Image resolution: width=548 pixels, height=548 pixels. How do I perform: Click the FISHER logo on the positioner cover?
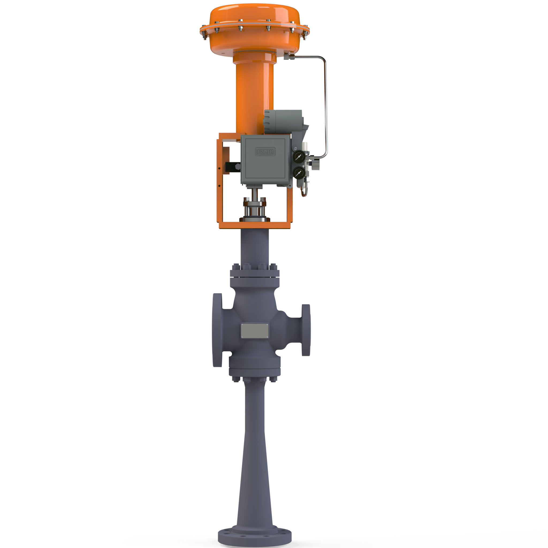click(x=265, y=152)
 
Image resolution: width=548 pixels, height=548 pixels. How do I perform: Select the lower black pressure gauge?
click(x=298, y=173)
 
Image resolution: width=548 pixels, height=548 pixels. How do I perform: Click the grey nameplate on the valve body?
click(x=254, y=331)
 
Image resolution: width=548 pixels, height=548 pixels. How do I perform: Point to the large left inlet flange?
click(x=217, y=330)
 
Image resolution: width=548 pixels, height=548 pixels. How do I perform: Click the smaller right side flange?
click(x=306, y=330)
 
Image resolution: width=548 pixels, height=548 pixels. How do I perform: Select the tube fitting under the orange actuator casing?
click(x=289, y=57)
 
